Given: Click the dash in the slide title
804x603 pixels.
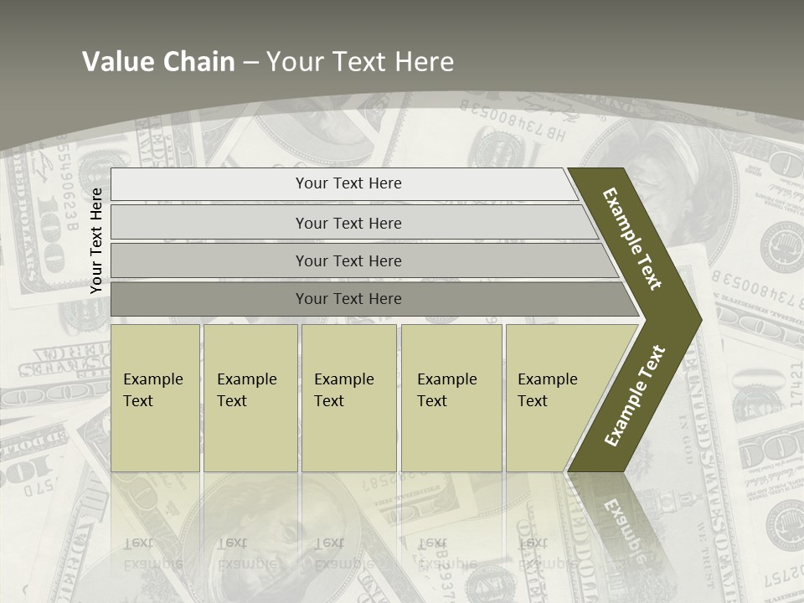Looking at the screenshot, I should point(250,63).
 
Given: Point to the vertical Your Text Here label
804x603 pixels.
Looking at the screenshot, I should point(96,240).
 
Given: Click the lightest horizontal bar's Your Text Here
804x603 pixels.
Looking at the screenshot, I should point(348,183).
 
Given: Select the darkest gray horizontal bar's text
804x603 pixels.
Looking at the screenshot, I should point(348,299).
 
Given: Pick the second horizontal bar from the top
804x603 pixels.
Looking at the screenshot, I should point(348,223).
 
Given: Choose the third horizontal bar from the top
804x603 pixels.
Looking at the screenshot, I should point(348,261).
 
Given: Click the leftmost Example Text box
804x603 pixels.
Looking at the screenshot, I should point(155,397).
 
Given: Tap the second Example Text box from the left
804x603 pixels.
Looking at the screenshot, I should point(250,397).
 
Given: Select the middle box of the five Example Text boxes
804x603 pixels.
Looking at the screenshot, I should point(348,397).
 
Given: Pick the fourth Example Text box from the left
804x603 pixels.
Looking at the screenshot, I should point(451,397).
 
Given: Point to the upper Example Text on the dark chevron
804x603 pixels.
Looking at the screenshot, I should point(632,239).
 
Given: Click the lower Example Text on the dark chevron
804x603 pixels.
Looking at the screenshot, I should point(635,396).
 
